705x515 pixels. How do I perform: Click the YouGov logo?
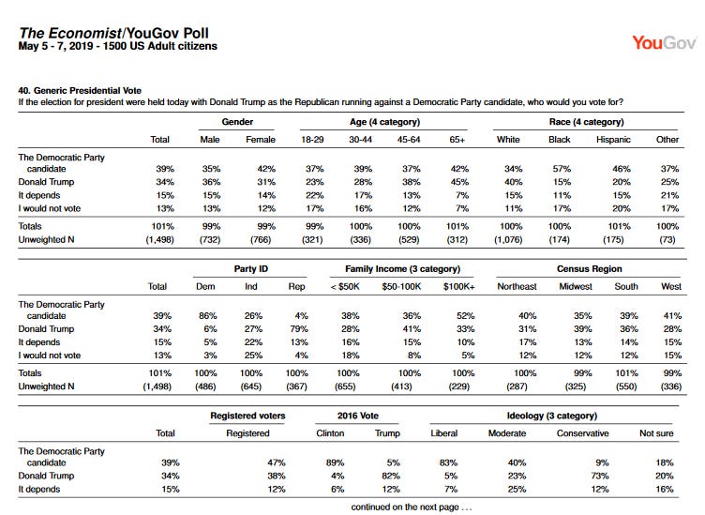tap(664, 43)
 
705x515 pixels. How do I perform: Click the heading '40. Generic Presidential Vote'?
tap(80, 90)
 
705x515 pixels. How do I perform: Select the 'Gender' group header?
tap(237, 122)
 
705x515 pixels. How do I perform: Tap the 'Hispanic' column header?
tap(613, 140)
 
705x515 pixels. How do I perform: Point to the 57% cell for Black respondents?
tap(562, 169)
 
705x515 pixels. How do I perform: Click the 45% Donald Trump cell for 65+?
tap(459, 182)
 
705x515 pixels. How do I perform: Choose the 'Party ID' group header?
tap(250, 269)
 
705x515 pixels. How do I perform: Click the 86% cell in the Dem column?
tap(208, 316)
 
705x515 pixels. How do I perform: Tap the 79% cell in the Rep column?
tap(298, 328)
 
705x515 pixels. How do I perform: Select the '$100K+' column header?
tap(458, 286)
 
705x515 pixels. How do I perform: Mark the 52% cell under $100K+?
tap(465, 316)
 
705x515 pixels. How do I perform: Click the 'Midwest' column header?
tap(576, 286)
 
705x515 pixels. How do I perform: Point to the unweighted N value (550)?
tap(626, 386)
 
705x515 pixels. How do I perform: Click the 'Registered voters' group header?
tap(247, 416)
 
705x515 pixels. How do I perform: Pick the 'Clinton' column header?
tap(330, 433)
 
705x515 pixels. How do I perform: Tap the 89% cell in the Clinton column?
tap(335, 462)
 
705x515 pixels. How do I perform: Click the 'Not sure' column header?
tap(656, 433)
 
